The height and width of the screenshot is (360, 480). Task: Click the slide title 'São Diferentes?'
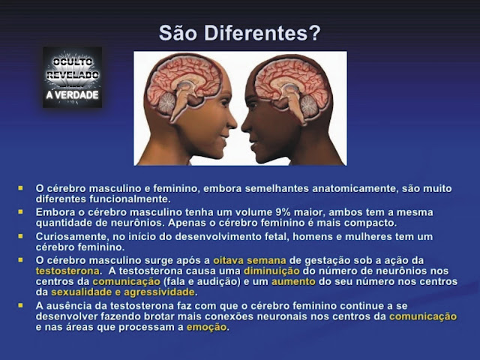click(x=239, y=33)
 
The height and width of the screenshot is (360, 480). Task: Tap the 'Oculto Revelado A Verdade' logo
click(x=72, y=77)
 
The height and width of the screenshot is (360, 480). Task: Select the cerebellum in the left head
click(x=166, y=103)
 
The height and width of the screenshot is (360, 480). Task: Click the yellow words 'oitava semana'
click(x=250, y=260)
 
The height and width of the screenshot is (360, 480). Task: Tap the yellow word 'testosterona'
click(x=67, y=271)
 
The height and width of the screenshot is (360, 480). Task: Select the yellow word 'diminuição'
click(x=271, y=271)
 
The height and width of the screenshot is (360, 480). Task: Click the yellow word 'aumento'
click(x=293, y=282)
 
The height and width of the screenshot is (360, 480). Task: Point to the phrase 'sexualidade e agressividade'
click(x=123, y=292)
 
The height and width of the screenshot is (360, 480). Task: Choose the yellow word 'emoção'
click(x=207, y=327)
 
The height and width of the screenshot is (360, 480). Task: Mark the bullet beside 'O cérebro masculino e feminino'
click(x=20, y=188)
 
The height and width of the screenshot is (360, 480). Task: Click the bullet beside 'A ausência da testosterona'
click(x=20, y=305)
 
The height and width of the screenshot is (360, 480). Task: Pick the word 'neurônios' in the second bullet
click(x=137, y=223)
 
